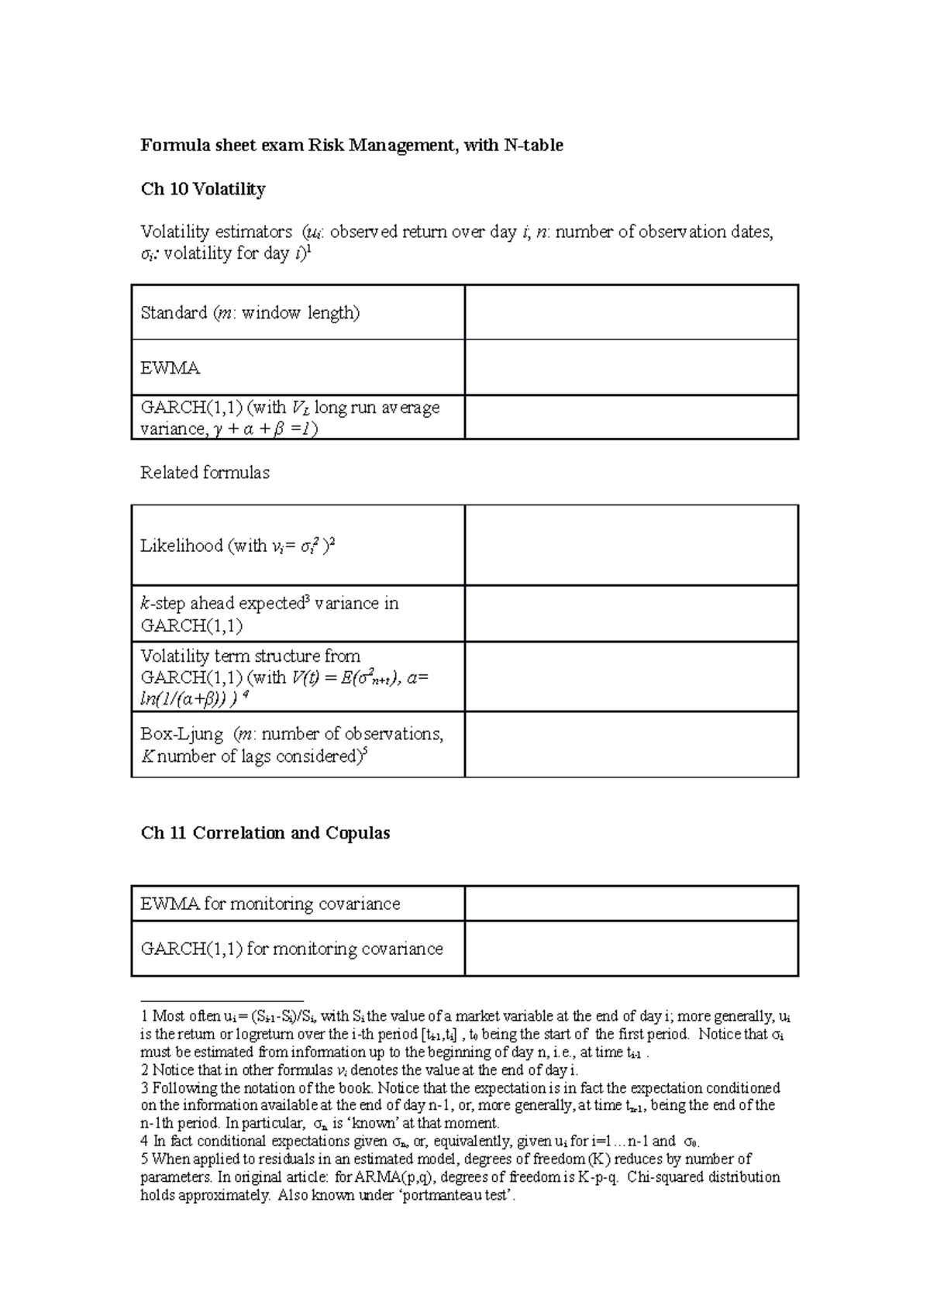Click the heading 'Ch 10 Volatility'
tap(202, 189)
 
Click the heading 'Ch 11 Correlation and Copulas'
tap(265, 833)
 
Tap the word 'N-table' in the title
tap(532, 145)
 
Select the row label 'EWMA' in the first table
tap(170, 368)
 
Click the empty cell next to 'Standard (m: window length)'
tap(631, 312)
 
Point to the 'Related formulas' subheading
tap(205, 473)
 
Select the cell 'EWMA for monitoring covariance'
tap(270, 904)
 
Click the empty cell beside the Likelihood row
tap(631, 546)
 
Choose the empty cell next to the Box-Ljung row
tap(631, 744)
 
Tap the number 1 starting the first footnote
tap(143, 1016)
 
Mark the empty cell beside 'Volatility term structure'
tap(631, 677)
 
